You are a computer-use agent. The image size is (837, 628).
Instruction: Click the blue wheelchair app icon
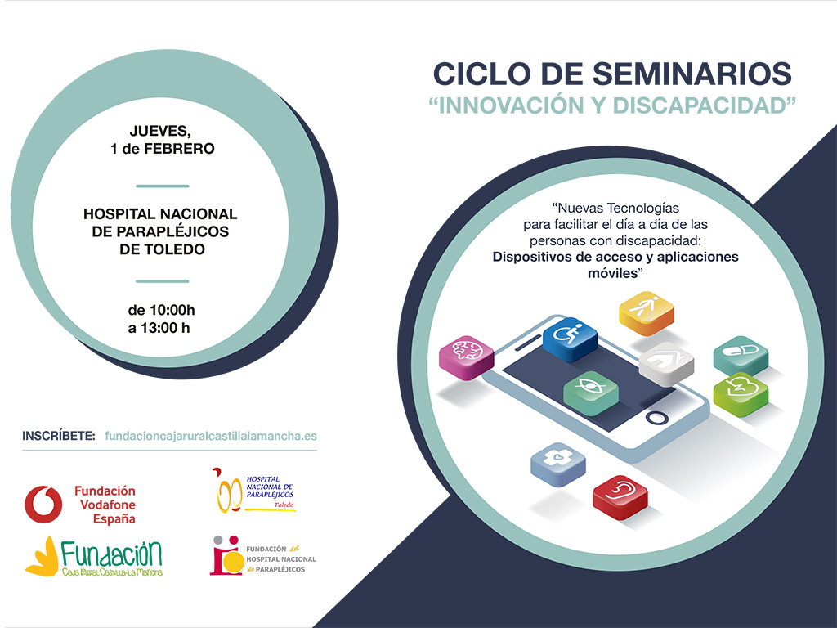(x=570, y=339)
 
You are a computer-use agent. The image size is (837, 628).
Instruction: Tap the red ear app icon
(x=620, y=496)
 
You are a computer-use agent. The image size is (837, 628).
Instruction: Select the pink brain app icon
(x=467, y=357)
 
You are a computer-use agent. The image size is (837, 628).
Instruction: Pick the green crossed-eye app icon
(x=591, y=392)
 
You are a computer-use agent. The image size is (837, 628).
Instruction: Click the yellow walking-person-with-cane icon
(x=646, y=313)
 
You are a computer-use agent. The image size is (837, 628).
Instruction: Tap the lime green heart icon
(x=741, y=394)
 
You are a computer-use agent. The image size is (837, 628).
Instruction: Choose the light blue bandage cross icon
(x=557, y=464)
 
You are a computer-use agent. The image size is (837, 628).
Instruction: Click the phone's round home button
(x=656, y=417)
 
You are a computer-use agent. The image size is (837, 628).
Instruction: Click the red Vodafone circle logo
(x=43, y=504)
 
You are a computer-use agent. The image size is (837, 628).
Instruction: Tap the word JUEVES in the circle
(x=160, y=131)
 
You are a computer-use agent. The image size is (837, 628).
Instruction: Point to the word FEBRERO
(x=179, y=149)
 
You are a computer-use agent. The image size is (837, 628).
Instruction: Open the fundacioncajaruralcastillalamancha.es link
(x=211, y=436)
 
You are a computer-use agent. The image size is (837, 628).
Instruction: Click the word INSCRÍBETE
(x=59, y=436)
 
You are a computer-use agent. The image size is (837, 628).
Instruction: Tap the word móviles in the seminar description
(x=613, y=273)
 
